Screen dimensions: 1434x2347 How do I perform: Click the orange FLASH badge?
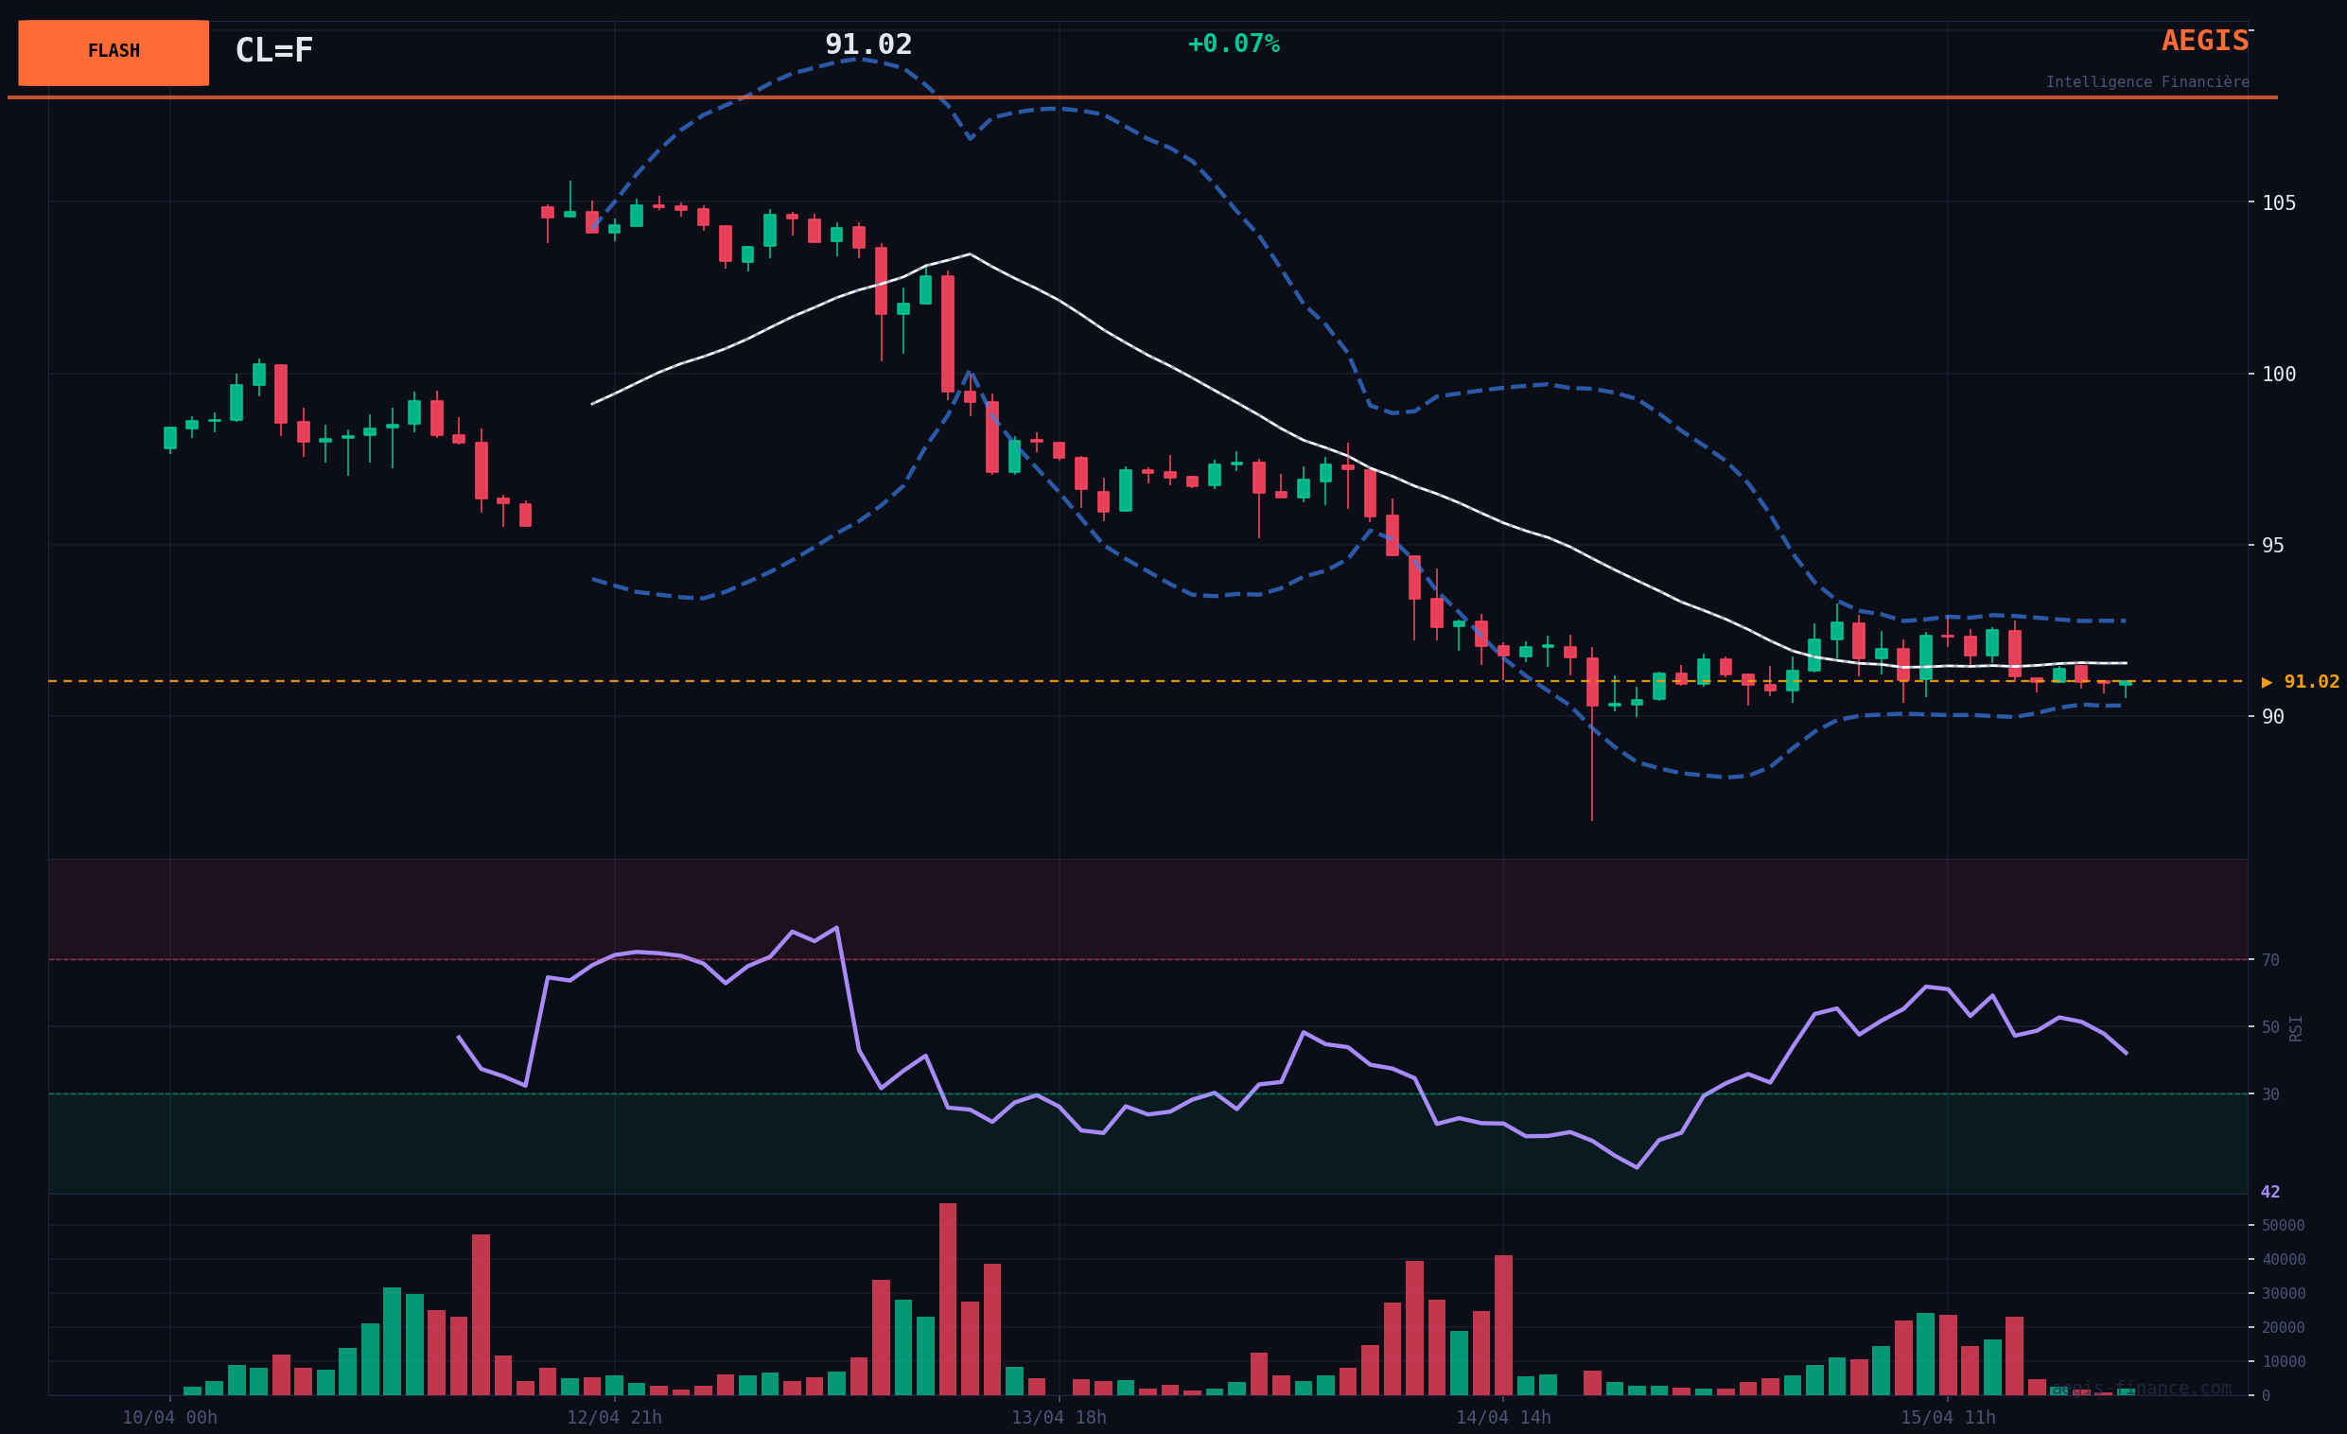coord(114,52)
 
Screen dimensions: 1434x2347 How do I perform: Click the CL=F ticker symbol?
coord(273,50)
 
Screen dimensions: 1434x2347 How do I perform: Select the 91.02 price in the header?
coord(867,44)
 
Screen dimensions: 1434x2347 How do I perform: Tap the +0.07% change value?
coord(1233,44)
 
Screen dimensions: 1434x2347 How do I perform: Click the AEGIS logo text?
coord(2204,41)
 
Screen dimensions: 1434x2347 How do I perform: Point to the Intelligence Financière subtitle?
coord(2147,82)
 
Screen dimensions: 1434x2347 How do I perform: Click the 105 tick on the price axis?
coord(2279,202)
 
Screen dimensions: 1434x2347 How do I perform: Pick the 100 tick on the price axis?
coord(2279,375)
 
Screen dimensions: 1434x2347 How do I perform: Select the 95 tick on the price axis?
coord(2272,546)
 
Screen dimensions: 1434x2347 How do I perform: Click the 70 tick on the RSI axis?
coord(2270,960)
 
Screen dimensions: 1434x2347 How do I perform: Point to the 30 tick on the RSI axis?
coord(2270,1094)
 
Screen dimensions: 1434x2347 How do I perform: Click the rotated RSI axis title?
coord(2296,1028)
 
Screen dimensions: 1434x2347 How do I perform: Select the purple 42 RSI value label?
coord(2270,1192)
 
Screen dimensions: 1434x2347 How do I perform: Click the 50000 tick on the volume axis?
coord(2284,1226)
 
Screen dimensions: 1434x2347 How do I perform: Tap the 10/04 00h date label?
coord(169,1418)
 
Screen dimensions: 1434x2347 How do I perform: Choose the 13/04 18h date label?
coord(1059,1418)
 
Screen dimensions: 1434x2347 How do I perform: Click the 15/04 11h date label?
coord(1947,1418)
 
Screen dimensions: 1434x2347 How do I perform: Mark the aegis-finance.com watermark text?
coord(2141,1389)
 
